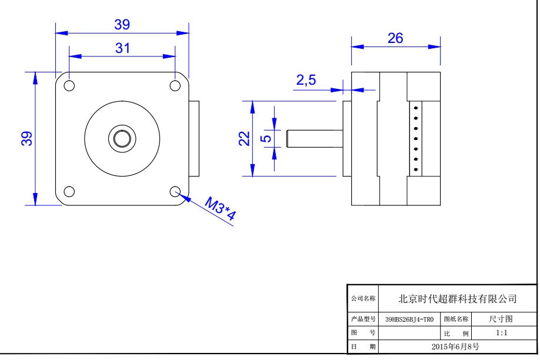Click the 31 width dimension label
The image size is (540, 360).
122,48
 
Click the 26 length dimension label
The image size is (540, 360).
395,38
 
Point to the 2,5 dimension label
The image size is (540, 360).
306,80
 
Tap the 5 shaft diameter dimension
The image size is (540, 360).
266,138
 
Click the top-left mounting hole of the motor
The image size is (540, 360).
69,85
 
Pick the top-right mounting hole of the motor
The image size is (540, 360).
175,85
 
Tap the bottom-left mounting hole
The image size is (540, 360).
69,191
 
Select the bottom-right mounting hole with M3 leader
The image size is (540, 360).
175,191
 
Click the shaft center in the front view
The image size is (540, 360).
122,138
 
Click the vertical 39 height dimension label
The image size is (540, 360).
26,138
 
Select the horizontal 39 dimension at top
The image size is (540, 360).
122,25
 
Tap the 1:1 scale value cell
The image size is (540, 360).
501,333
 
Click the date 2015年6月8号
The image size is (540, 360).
455,346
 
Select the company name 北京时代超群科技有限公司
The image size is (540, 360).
458,299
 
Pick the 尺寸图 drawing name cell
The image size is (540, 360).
501,319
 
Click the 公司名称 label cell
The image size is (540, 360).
363,299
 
